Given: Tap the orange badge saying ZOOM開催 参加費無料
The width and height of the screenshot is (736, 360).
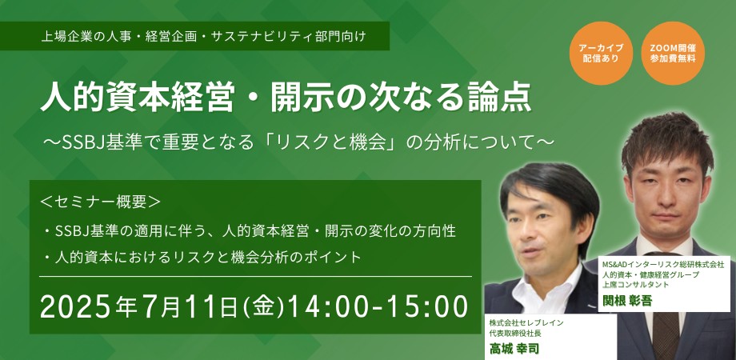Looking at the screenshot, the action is (x=673, y=54).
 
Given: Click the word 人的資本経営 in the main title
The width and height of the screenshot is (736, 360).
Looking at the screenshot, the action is (x=137, y=97).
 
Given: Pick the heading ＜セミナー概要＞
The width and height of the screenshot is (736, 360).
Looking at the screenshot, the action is (x=101, y=202).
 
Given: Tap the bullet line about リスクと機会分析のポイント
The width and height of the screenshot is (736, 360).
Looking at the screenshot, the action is (x=202, y=258).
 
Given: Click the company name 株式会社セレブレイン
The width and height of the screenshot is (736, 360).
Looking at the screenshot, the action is (x=526, y=323).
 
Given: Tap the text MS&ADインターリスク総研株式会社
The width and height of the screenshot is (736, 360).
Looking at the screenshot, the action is (x=662, y=265).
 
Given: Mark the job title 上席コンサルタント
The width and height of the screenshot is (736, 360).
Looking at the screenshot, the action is (x=635, y=285).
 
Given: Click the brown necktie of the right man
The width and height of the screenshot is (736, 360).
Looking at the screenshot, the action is (x=666, y=334).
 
